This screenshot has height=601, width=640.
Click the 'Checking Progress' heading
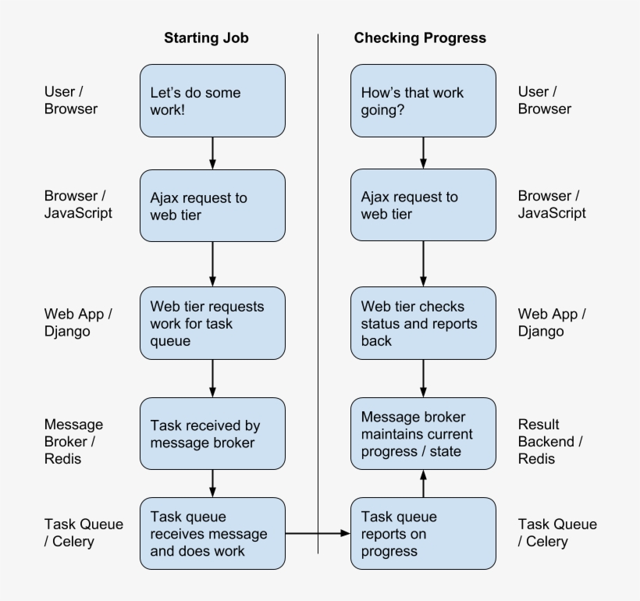click(x=420, y=37)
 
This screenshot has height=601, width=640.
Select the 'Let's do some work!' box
click(x=212, y=101)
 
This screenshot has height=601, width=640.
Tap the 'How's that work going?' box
click(x=423, y=101)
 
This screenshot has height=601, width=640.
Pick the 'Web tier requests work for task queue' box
click(x=212, y=323)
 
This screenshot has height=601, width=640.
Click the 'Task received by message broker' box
click(x=212, y=434)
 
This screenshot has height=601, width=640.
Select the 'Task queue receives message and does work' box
click(x=212, y=534)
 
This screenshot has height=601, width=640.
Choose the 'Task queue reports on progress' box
click(x=423, y=534)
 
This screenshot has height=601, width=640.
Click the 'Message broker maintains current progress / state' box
click(x=423, y=434)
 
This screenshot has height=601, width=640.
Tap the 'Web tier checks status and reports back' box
click(x=423, y=323)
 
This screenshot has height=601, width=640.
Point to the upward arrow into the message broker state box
click(x=423, y=484)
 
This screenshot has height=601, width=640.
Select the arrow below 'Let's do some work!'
click(x=212, y=154)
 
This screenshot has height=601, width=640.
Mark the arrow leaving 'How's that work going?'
click(x=423, y=154)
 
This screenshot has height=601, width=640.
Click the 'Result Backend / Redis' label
click(x=549, y=442)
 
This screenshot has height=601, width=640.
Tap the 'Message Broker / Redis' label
click(x=73, y=442)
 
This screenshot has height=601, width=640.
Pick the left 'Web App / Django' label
click(x=78, y=322)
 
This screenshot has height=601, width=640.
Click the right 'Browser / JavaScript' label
click(x=551, y=204)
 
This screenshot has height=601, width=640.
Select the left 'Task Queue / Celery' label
click(x=83, y=532)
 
